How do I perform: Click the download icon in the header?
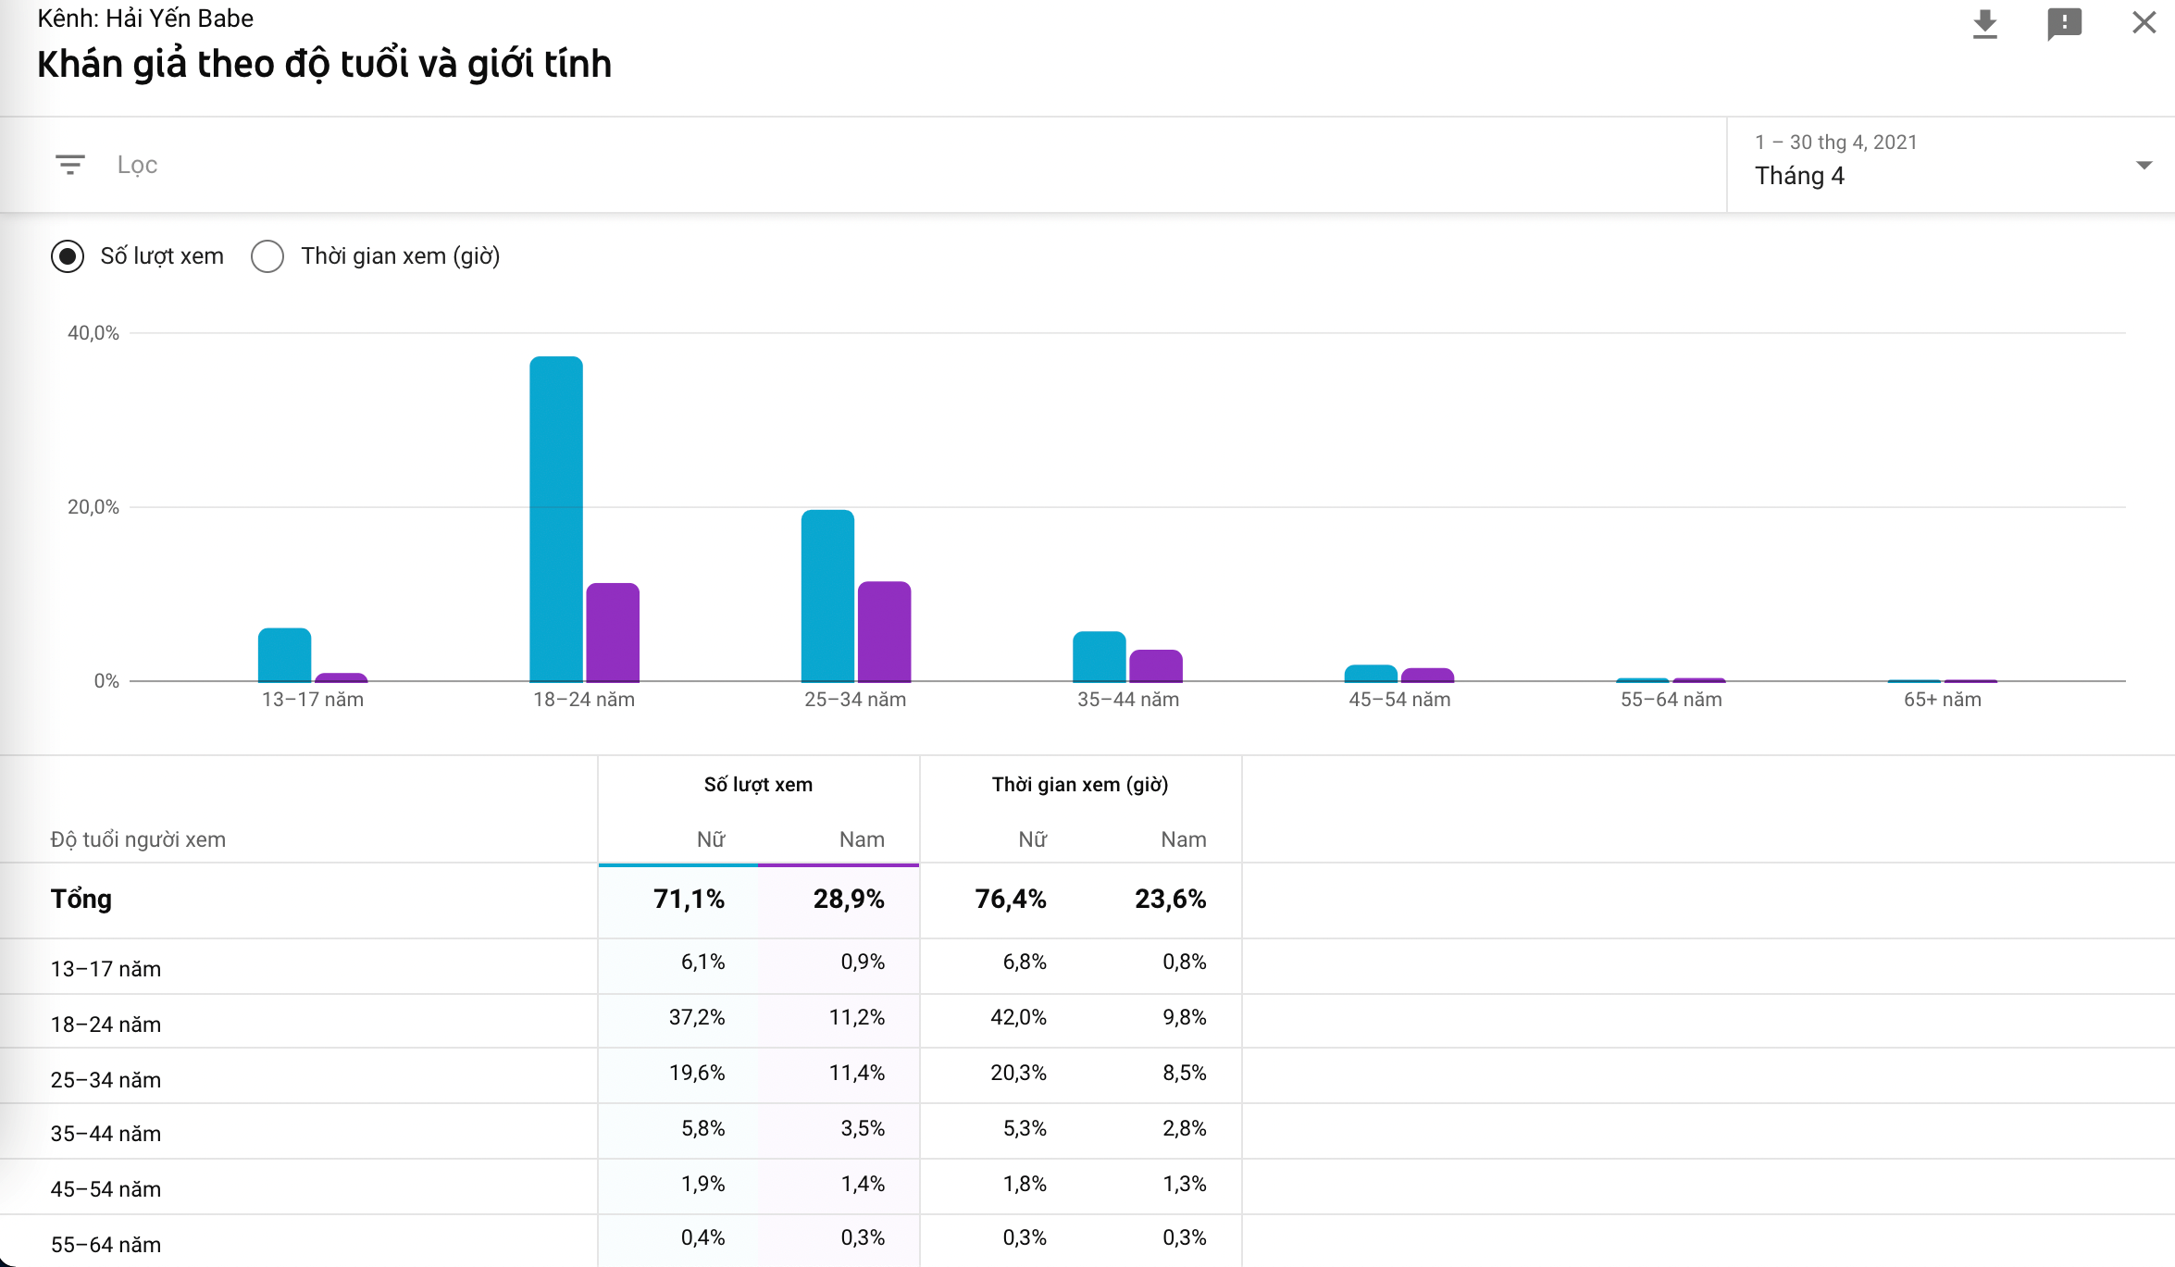point(1984,24)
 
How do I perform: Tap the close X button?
point(2144,22)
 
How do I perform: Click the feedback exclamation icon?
point(2064,24)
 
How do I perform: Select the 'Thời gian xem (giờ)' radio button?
point(267,256)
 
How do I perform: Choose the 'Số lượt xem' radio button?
point(68,256)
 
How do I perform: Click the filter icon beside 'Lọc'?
point(70,165)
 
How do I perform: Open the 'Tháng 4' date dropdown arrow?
point(2144,166)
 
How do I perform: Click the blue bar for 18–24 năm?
point(555,518)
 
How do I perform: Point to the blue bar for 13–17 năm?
point(284,654)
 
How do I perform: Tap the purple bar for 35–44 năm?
point(1155,665)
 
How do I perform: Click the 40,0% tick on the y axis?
point(93,333)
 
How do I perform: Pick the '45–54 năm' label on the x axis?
point(1399,700)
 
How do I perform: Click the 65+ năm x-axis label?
point(1942,700)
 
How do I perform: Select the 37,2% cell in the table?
point(697,1017)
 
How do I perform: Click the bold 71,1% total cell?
point(689,899)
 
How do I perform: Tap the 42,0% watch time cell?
point(1018,1017)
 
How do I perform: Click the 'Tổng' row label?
point(81,899)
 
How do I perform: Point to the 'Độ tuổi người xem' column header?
point(138,839)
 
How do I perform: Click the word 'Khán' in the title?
point(80,64)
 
